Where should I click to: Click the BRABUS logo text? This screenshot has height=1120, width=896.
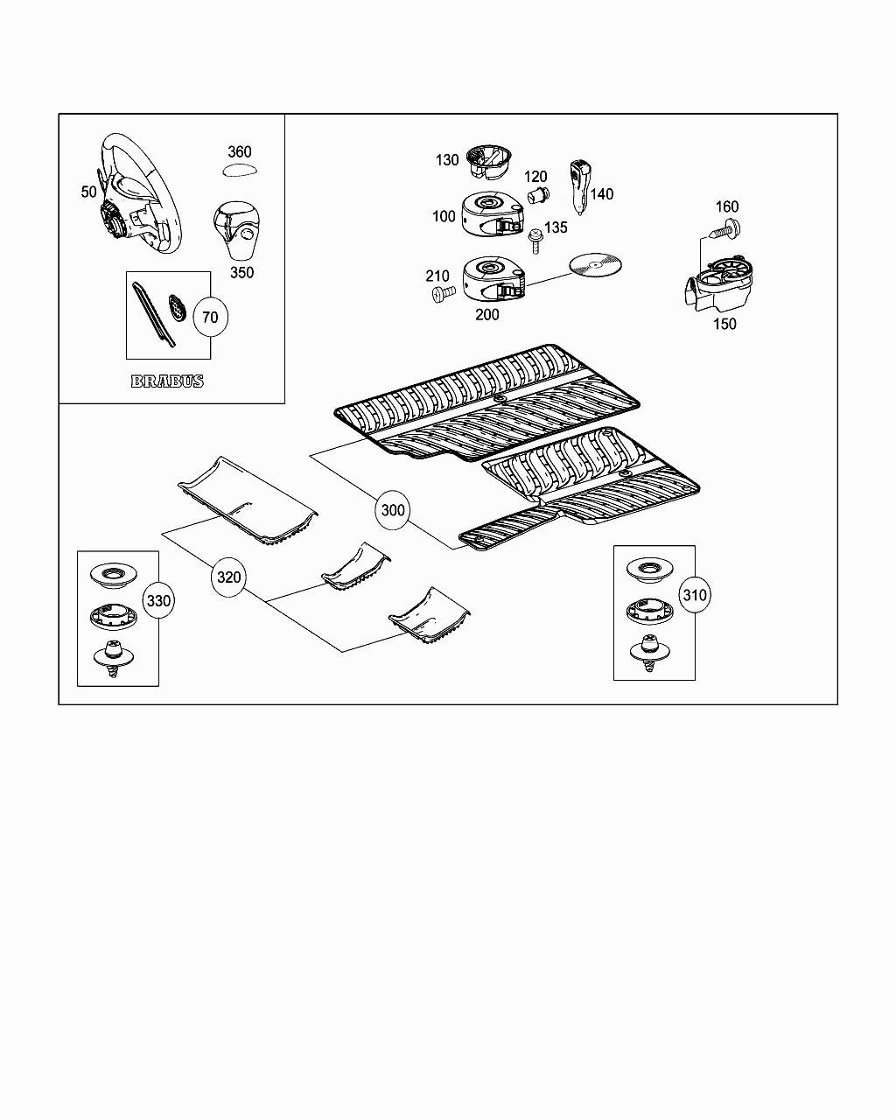click(167, 381)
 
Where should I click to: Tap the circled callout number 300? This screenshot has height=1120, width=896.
click(394, 509)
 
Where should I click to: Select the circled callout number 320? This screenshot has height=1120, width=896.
click(228, 577)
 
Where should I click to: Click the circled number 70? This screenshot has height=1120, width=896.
click(210, 317)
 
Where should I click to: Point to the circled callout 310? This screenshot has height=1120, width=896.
click(694, 596)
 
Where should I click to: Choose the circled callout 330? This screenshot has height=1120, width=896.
click(158, 601)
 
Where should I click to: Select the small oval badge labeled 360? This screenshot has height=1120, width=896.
click(238, 171)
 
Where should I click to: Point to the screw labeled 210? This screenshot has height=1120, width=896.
click(439, 295)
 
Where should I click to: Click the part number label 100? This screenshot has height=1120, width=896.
click(444, 216)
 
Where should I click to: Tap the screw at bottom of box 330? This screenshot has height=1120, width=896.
click(111, 656)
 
